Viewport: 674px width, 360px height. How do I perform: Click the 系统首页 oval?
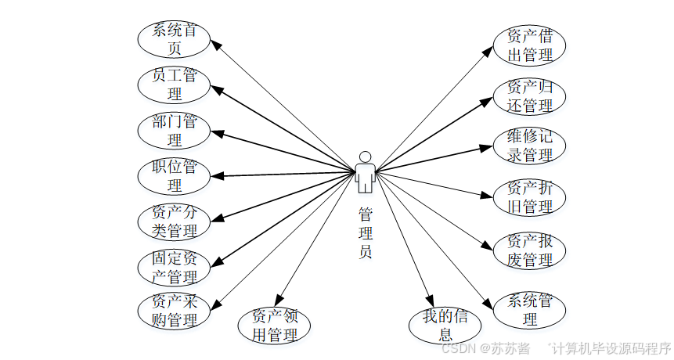point(174,39)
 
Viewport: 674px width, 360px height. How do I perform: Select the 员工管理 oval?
point(174,85)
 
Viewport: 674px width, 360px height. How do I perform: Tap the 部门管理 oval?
point(174,131)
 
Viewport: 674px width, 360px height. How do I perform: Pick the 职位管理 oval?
point(174,176)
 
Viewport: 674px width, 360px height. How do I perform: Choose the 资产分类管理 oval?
point(174,221)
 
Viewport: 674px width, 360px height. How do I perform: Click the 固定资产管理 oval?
point(174,267)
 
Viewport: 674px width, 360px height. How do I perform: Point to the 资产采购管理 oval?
point(174,311)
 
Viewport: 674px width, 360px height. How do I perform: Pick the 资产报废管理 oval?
point(529,250)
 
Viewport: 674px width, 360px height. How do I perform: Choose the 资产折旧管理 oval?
point(529,197)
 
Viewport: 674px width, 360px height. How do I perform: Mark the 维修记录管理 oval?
point(529,146)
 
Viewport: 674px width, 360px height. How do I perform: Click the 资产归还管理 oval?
point(529,95)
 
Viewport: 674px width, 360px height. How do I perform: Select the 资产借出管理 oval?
point(529,45)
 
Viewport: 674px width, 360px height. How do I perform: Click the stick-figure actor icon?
point(365,171)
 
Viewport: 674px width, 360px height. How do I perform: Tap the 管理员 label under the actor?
point(365,232)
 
